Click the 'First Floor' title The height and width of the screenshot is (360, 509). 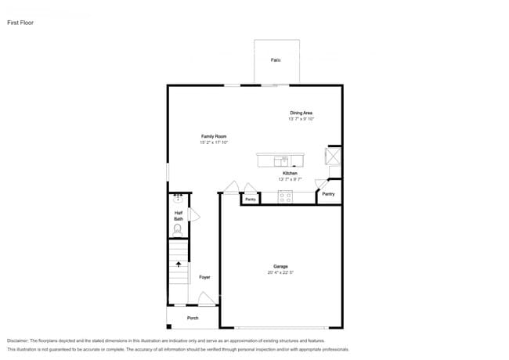click(x=21, y=23)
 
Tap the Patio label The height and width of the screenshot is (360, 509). click(x=276, y=59)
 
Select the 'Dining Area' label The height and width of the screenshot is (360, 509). click(x=301, y=113)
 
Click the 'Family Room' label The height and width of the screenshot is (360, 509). click(x=213, y=137)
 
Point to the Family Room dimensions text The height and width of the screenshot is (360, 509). click(x=213, y=142)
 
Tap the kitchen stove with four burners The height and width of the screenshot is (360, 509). click(x=285, y=197)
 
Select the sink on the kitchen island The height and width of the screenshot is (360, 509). click(x=283, y=160)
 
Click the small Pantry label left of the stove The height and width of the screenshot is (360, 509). click(x=250, y=200)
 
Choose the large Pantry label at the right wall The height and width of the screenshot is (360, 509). click(x=328, y=193)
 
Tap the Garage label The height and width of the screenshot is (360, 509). click(x=280, y=267)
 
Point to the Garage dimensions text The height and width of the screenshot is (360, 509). click(x=280, y=272)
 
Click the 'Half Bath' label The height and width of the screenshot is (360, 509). click(x=178, y=215)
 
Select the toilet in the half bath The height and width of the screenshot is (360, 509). click(x=178, y=229)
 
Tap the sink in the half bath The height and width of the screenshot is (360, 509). click(x=178, y=199)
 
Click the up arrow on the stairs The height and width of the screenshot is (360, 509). click(x=179, y=265)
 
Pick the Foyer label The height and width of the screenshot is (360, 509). click(x=204, y=277)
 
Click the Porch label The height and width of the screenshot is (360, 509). click(x=193, y=318)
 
